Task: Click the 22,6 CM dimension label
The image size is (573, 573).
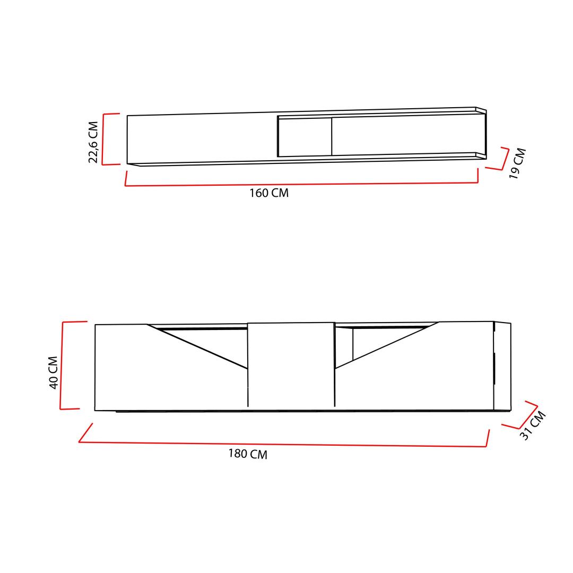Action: pos(93,142)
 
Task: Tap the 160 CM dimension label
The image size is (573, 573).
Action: pos(269,193)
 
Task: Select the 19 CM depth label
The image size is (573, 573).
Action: pos(517,163)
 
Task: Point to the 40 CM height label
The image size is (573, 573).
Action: pos(54,372)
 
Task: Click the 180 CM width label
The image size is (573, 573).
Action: pos(248,454)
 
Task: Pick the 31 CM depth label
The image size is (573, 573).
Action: pos(533,426)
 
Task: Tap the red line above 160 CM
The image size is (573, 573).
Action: pos(301,184)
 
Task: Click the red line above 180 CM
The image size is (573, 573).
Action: pos(283,445)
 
